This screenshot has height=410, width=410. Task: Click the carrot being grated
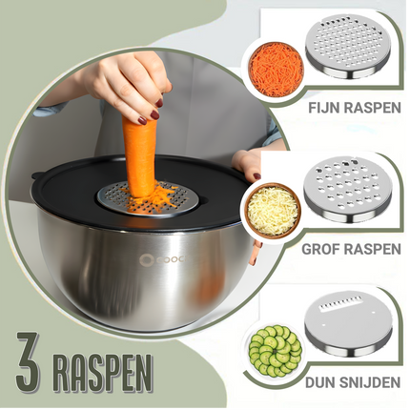pyautogui.click(x=140, y=155)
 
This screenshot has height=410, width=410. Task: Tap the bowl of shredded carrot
pyautogui.click(x=277, y=70)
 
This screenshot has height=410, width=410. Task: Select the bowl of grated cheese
pyautogui.click(x=273, y=211)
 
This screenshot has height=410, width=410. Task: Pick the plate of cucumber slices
pyautogui.click(x=276, y=351)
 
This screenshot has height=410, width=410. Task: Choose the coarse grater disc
pyautogui.click(x=347, y=188)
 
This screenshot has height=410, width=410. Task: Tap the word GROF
pyautogui.click(x=319, y=249)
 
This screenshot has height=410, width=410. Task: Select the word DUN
pyautogui.click(x=320, y=382)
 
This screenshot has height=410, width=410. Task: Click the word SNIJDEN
pyautogui.click(x=370, y=382)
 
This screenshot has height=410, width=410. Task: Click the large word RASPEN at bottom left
pyautogui.click(x=103, y=370)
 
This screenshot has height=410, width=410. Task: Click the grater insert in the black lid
pyautogui.click(x=148, y=199)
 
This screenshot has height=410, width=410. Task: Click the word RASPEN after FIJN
pyautogui.click(x=373, y=108)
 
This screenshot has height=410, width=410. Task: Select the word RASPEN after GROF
pyautogui.click(x=371, y=249)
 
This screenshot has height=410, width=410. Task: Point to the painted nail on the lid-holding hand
pyautogui.click(x=256, y=176)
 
